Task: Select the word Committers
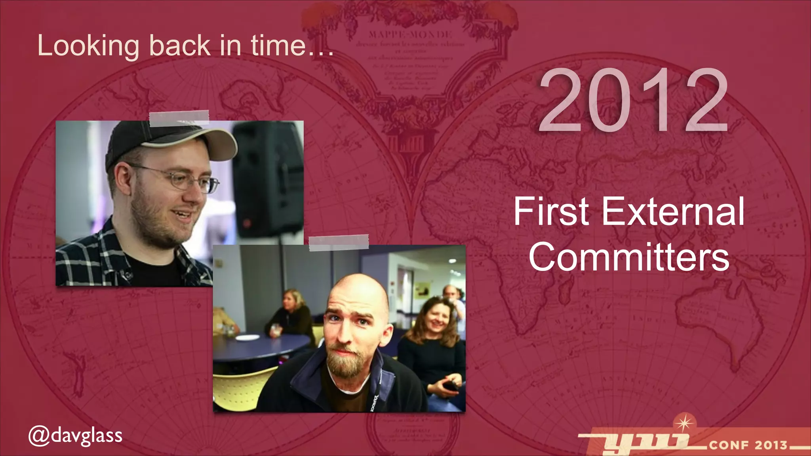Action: pos(629,257)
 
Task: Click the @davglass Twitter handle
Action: pos(75,435)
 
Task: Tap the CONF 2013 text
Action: pos(748,445)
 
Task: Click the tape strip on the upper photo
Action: pos(179,118)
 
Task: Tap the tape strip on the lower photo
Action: pos(339,243)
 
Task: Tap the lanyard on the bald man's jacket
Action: pos(374,392)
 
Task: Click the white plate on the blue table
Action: pos(248,337)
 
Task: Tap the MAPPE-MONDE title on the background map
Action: pos(410,34)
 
